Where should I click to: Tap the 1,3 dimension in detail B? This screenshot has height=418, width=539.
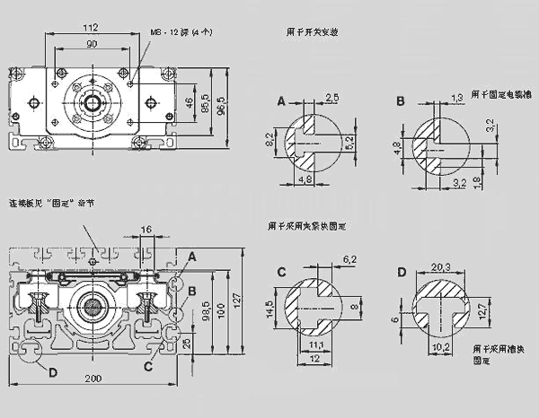pos(455,96)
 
